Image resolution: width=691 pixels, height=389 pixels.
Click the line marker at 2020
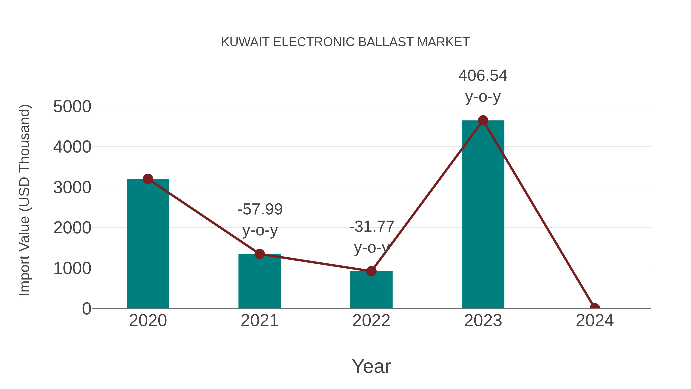(x=148, y=179)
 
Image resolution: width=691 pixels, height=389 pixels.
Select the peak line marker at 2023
(x=483, y=120)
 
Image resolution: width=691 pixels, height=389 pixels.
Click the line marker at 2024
(x=595, y=308)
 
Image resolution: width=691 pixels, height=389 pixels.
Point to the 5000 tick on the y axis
(x=72, y=107)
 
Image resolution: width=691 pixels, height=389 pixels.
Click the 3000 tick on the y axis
(x=72, y=187)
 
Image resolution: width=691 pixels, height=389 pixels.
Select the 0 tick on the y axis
(x=87, y=309)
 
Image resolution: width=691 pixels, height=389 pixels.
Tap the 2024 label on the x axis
(x=595, y=321)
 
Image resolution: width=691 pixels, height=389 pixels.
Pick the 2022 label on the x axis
(x=371, y=321)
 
